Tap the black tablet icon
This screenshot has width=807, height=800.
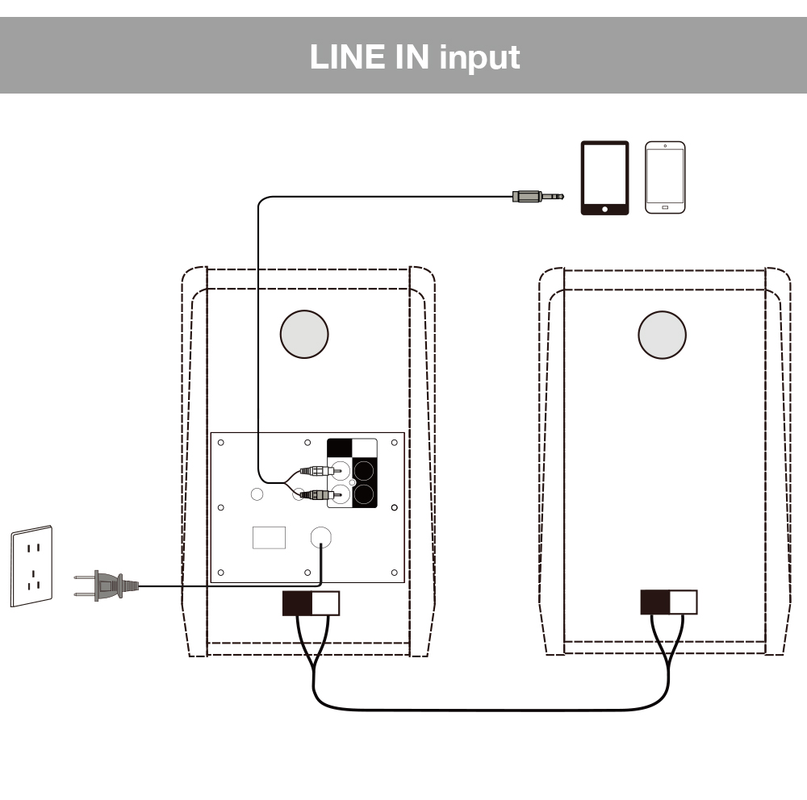(x=604, y=178)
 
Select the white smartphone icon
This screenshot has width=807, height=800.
(x=665, y=177)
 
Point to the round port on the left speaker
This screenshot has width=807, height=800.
(x=304, y=334)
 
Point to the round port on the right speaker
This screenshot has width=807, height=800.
(x=662, y=334)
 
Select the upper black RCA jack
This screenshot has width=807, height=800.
(x=365, y=470)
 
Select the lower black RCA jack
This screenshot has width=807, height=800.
(x=365, y=494)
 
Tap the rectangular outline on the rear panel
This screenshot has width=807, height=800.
(x=269, y=537)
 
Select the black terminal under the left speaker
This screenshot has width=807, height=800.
(x=296, y=603)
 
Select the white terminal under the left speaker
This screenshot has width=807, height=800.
(x=325, y=603)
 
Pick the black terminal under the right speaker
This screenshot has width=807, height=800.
(x=654, y=602)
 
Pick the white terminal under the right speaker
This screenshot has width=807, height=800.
(x=683, y=602)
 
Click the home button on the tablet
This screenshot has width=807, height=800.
(x=604, y=209)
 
